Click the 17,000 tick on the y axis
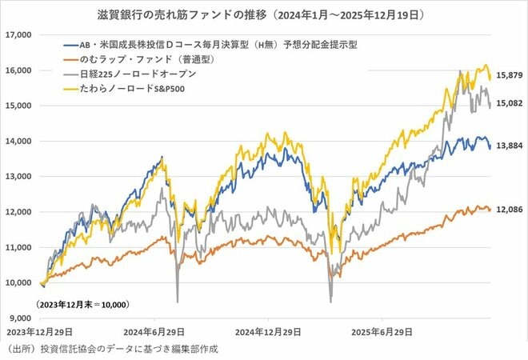click(17, 35)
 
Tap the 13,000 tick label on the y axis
click(17, 176)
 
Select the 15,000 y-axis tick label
click(17, 106)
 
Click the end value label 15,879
click(510, 77)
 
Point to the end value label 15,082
click(510, 102)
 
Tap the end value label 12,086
click(510, 209)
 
